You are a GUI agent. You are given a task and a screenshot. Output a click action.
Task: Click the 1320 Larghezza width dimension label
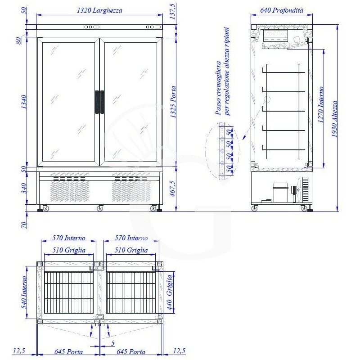99,10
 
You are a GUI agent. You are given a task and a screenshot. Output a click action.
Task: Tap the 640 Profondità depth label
282,10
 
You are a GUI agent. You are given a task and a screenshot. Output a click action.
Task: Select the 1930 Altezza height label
334,119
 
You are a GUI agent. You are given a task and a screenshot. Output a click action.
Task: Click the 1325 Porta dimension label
173,102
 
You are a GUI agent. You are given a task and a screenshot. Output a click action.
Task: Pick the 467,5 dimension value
173,189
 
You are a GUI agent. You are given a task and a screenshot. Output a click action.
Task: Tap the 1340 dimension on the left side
24,102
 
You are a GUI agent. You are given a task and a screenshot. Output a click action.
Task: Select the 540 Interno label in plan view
24,292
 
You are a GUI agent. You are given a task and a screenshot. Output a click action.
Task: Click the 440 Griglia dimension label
170,292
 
